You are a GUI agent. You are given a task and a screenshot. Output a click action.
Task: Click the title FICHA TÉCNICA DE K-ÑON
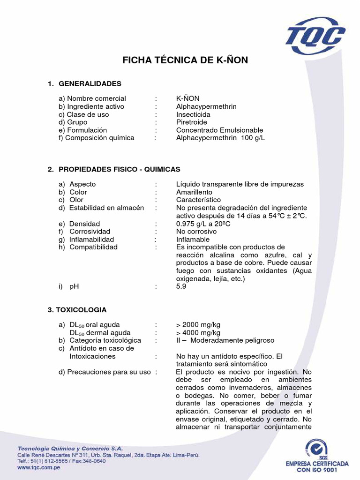pos(185,60)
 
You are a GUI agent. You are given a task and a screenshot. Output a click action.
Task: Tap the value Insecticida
pos(193,114)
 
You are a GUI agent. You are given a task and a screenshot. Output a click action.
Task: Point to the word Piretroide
pos(191,122)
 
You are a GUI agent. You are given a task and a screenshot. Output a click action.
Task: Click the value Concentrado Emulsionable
pos(219,130)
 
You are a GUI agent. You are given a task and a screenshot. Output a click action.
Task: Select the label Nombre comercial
pos(97,98)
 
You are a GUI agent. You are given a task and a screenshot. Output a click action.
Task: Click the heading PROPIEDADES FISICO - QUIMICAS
pos(120,169)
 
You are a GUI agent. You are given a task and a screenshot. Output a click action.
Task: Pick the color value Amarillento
pos(194,192)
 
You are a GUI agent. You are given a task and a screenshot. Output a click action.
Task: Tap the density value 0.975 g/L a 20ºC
pos(203,224)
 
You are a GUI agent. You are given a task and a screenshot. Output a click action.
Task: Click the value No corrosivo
pos(196,232)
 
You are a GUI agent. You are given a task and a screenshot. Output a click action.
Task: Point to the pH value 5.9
pos(181,286)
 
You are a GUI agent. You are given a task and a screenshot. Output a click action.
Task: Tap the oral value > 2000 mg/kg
pos(198,324)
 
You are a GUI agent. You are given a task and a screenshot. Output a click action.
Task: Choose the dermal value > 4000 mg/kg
pos(198,332)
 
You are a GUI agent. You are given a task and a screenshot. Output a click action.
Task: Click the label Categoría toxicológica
pos(105,340)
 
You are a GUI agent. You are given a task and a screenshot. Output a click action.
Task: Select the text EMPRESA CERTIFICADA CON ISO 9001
pos(317,466)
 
